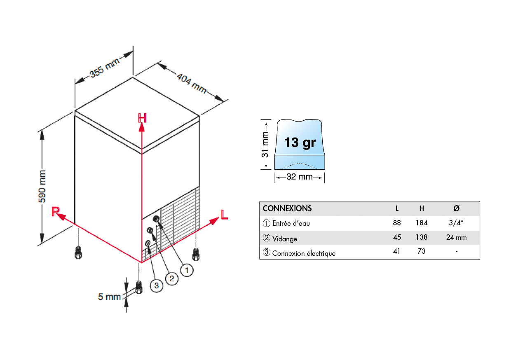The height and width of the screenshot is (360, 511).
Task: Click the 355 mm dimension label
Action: click(x=105, y=68)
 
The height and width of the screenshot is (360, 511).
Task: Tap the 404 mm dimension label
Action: click(x=192, y=83)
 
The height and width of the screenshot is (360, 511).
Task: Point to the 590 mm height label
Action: click(x=42, y=187)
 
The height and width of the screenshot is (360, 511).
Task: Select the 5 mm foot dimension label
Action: click(x=109, y=297)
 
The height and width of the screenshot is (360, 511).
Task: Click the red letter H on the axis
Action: click(x=142, y=118)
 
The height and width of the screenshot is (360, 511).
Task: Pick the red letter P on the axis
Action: click(x=56, y=211)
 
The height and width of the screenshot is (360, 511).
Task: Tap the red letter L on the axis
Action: click(x=224, y=215)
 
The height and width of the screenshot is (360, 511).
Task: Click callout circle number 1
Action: click(x=187, y=270)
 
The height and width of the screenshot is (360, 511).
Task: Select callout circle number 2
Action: click(x=171, y=278)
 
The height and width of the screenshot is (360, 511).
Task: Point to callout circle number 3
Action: click(x=157, y=285)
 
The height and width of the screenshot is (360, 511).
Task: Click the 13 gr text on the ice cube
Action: click(x=300, y=143)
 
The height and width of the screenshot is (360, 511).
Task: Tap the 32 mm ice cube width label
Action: click(x=299, y=177)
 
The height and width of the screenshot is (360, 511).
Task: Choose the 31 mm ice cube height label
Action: click(x=265, y=145)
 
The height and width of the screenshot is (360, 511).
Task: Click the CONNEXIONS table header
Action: click(x=287, y=208)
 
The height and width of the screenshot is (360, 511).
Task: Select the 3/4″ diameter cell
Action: click(x=456, y=223)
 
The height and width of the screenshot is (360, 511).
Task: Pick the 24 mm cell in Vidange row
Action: click(x=456, y=237)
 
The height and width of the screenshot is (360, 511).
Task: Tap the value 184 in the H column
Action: click(x=421, y=223)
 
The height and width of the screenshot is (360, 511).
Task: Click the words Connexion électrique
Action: click(x=304, y=253)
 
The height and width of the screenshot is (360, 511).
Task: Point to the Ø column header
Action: click(x=456, y=208)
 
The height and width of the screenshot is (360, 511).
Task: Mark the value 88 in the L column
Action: click(x=397, y=223)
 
